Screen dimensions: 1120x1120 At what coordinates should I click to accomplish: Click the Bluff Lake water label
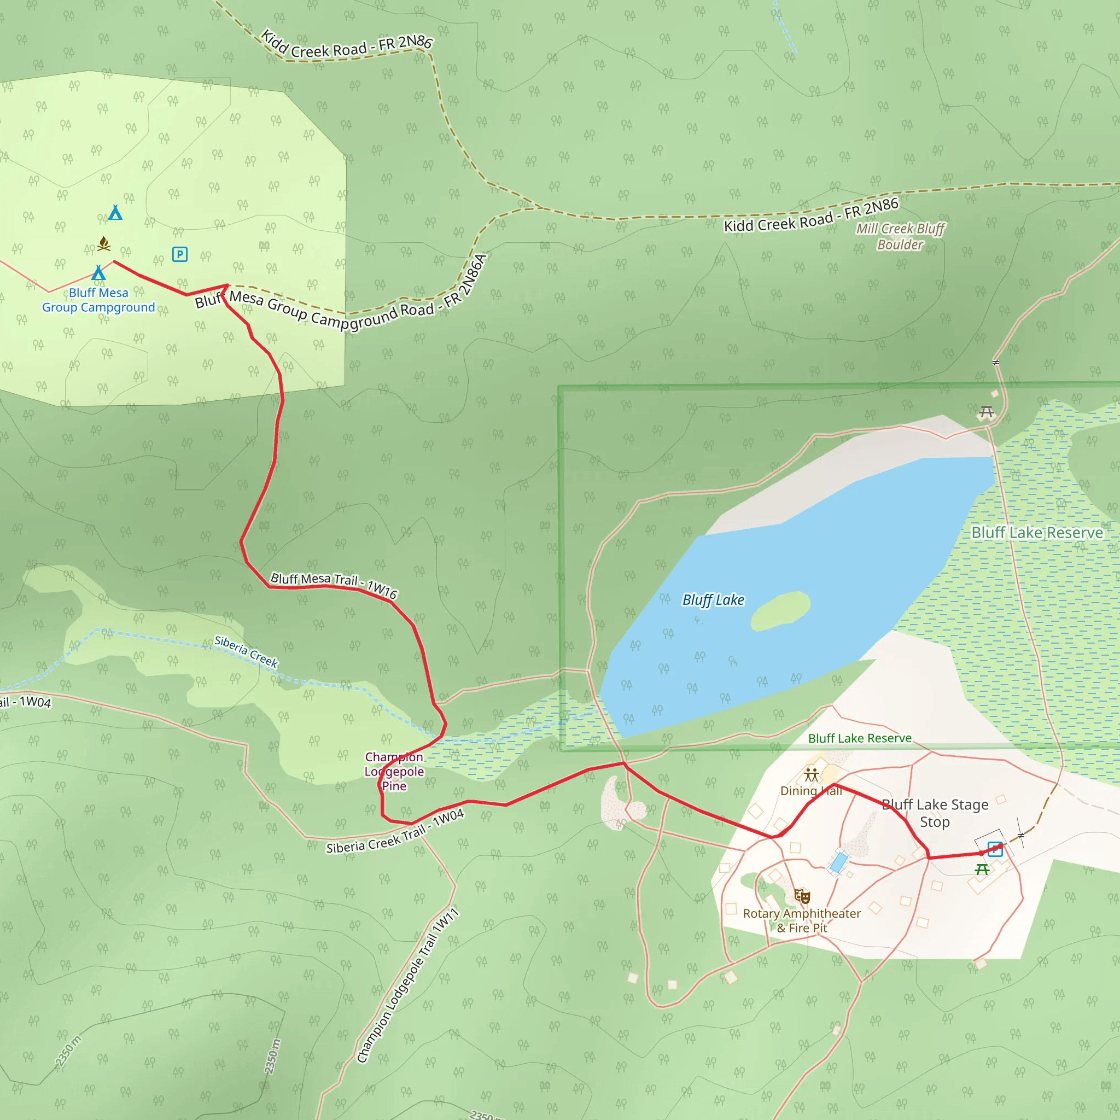coord(713,600)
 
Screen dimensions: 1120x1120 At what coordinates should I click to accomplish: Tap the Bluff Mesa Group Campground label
coord(98,300)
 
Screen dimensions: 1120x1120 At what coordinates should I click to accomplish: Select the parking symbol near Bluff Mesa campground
coord(180,254)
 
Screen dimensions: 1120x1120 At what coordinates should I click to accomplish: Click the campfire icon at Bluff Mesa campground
coord(104,243)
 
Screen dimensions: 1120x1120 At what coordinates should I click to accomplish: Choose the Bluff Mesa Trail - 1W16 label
coord(334,585)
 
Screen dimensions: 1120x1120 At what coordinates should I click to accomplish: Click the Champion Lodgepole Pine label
coord(394,772)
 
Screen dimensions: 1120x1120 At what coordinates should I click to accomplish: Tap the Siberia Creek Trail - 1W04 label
coord(395,833)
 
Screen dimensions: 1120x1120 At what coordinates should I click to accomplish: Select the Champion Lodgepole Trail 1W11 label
coord(407,985)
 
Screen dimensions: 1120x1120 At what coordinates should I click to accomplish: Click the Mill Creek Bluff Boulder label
coord(900,236)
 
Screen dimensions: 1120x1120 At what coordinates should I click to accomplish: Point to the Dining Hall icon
coord(812,775)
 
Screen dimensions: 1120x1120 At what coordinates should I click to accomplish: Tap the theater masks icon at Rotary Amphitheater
coord(802,896)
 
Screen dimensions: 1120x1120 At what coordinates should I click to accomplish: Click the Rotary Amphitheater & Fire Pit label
coord(802,920)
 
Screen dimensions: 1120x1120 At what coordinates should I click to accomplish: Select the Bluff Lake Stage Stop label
coord(935,813)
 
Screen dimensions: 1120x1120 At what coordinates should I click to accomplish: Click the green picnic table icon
coord(982,869)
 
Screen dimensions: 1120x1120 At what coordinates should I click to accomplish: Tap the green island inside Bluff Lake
coord(780,611)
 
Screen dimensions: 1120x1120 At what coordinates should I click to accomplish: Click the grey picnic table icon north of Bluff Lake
coord(987,412)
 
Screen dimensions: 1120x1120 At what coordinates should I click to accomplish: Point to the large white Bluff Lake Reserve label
coord(1037,533)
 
